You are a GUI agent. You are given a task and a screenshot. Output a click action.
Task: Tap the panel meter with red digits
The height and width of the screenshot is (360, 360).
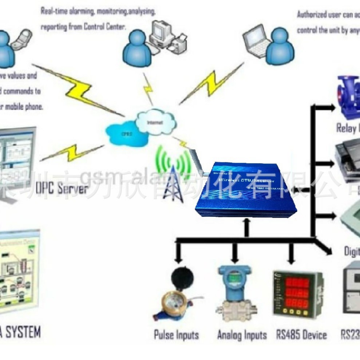click(x=297, y=293)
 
